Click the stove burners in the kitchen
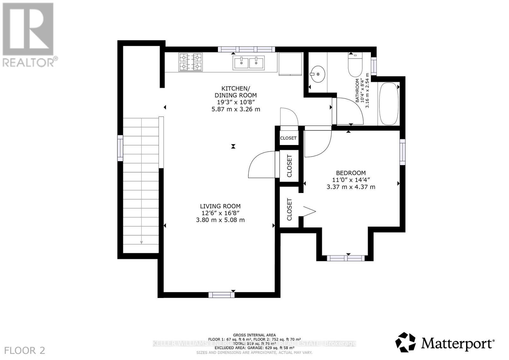point(191,62)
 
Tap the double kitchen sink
point(249,63)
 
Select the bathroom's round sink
point(317,74)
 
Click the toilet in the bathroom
point(355,65)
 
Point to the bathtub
point(388,104)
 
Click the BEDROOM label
point(351,173)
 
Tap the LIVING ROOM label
point(220,206)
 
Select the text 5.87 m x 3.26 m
point(236,109)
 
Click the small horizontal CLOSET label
point(288,138)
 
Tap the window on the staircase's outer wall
point(120,148)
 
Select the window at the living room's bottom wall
point(221,295)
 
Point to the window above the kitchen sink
point(246,49)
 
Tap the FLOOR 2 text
point(25,350)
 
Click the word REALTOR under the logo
point(28,62)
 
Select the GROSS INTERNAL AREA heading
point(254,335)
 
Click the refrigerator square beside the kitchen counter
point(290,64)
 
